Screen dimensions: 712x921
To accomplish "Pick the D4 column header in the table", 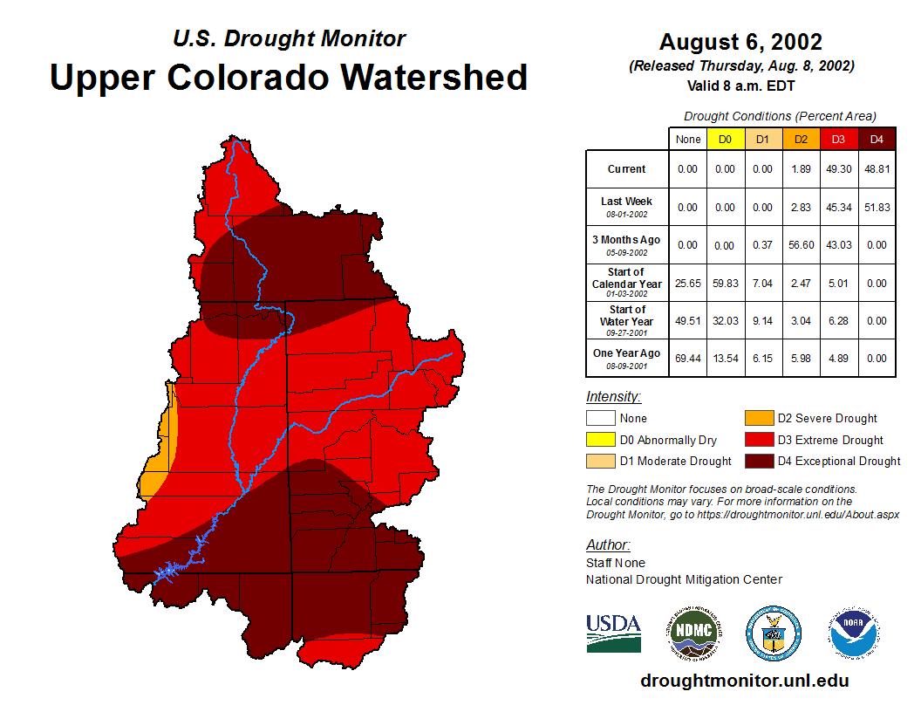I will (877, 139).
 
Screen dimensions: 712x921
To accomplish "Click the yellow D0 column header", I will (725, 139).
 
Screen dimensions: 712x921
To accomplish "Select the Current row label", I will (627, 169).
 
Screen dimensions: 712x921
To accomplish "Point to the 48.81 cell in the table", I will (877, 169).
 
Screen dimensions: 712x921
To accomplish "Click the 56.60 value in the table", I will (801, 245).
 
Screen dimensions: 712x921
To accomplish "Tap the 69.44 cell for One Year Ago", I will (687, 359).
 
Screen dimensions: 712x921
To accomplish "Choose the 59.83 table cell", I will (725, 284).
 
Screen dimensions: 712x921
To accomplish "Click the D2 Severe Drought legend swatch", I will (759, 419).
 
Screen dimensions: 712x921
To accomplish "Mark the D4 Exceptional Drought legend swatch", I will (759, 461).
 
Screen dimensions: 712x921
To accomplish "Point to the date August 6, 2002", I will (740, 42).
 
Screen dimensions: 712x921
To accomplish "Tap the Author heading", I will (608, 545).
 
